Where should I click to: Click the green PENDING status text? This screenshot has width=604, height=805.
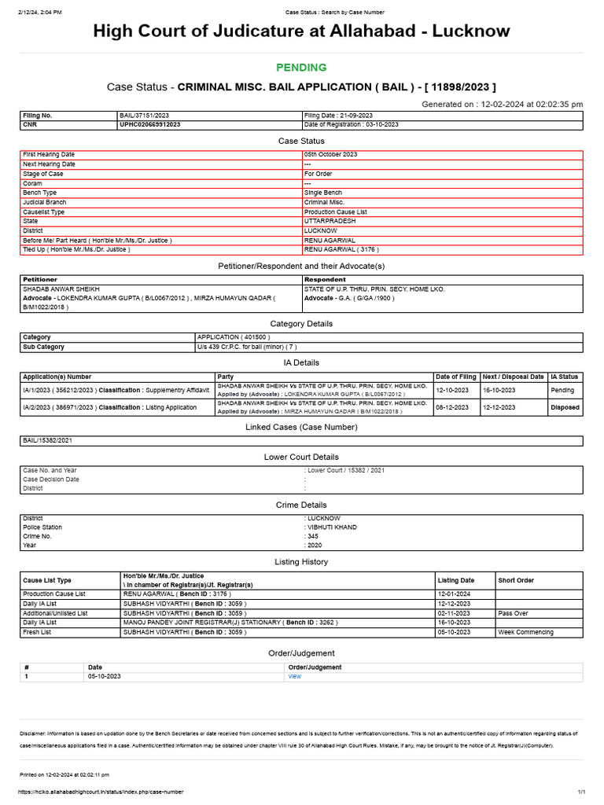(301, 68)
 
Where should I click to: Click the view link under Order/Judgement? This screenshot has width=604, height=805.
(295, 676)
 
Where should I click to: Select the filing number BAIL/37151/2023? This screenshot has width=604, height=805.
(142, 116)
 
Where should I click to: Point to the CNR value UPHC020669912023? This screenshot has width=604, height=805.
(150, 124)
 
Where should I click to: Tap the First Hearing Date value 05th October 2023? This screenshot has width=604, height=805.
(331, 155)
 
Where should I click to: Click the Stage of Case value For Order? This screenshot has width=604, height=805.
(319, 174)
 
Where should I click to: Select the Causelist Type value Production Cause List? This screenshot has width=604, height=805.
(334, 211)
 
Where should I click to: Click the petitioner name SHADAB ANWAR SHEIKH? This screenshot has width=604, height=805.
(61, 289)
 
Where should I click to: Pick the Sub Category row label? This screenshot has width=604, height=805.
(44, 347)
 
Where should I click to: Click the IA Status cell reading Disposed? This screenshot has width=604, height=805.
(565, 408)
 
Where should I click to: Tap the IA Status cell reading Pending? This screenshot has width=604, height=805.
(563, 390)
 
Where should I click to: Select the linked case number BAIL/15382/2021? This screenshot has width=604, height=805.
(52, 441)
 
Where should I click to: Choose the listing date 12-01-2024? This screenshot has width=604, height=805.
(454, 594)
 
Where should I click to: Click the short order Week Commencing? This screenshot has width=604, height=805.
(525, 631)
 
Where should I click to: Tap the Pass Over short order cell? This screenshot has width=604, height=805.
(513, 612)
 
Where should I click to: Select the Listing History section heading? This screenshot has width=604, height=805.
(301, 562)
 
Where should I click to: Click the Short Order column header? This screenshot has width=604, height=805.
(516, 580)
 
